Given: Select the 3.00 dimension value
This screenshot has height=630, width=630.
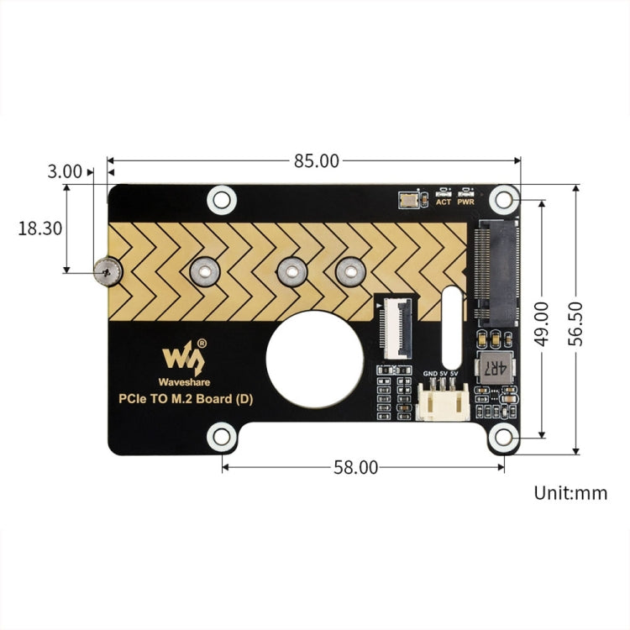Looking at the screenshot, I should click(65, 171).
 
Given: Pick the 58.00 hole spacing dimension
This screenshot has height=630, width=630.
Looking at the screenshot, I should click(356, 468).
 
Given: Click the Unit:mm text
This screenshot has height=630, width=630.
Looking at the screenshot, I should click(570, 493).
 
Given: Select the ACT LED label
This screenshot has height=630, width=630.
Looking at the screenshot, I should click(443, 202).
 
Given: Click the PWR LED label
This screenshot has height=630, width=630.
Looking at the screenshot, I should click(466, 202).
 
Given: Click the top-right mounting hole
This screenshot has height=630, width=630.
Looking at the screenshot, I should click(503, 199).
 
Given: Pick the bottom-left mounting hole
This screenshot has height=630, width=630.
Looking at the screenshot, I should click(222, 436).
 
